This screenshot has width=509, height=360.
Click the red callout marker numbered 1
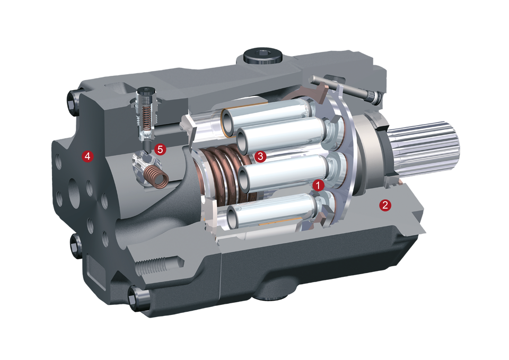point(318,186)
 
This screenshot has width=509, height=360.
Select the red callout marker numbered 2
point(385,205)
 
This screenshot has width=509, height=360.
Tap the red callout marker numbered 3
point(260,156)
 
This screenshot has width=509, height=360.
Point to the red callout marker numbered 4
point(87,156)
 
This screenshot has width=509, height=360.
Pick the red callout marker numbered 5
point(160,150)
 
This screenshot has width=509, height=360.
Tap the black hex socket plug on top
point(262,55)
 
